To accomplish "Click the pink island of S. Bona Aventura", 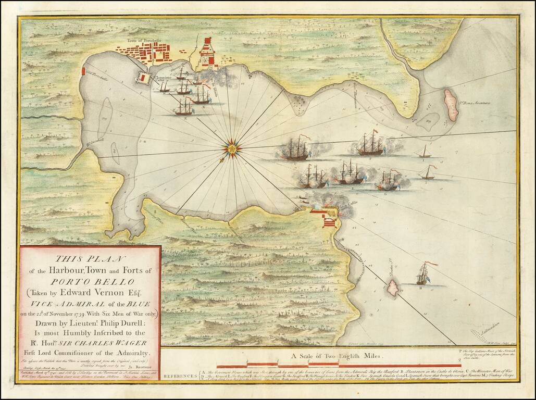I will click(451, 105).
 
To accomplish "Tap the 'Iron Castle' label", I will click(346, 205).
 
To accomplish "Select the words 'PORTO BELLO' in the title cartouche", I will click(90, 281).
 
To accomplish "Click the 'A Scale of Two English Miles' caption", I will click(336, 357).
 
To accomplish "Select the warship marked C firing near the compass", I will click(295, 149).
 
